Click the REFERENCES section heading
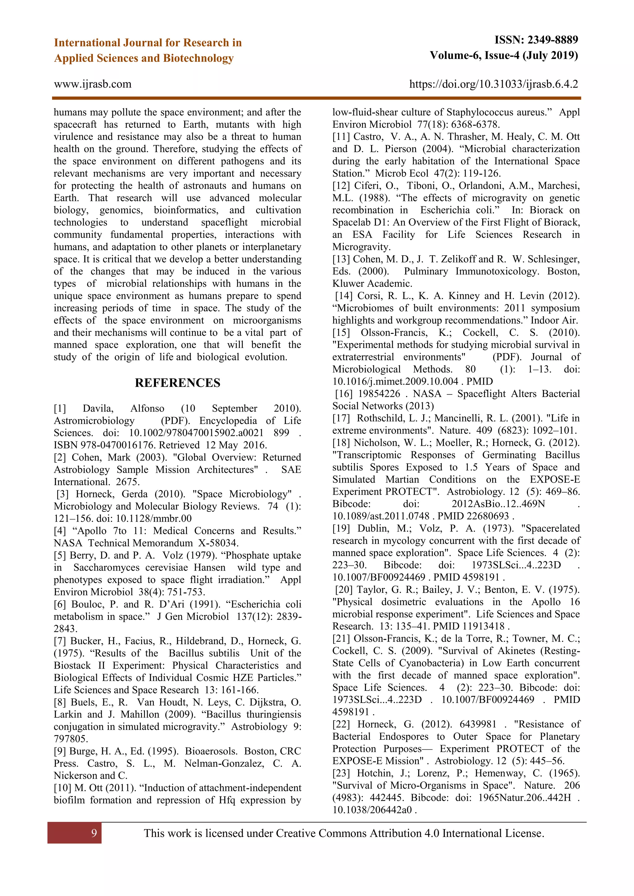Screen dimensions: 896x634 [x=177, y=383]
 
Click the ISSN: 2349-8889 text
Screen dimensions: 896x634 [x=536, y=40]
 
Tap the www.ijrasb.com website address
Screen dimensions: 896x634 [x=93, y=84]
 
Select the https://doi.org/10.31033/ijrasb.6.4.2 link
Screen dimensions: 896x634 [x=493, y=84]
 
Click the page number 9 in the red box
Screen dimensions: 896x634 [x=94, y=833]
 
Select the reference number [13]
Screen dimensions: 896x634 [x=341, y=260]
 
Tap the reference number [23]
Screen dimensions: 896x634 [x=341, y=773]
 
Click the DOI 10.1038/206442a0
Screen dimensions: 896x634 [x=372, y=810]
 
